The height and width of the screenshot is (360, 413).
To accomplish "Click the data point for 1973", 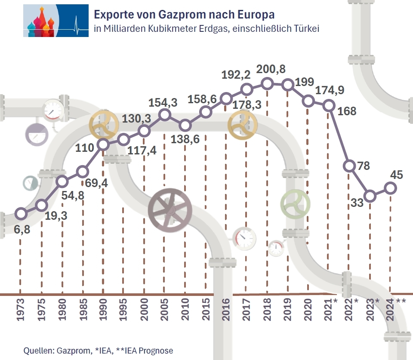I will point(21,213).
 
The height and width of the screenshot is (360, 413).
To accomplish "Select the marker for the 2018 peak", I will point(267,83).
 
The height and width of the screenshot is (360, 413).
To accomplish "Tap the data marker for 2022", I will point(350,166).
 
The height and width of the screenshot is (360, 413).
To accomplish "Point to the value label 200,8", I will point(271,69).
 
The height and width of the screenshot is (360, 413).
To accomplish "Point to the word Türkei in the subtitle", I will point(304,29).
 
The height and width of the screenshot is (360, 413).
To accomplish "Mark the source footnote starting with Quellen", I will point(98,351).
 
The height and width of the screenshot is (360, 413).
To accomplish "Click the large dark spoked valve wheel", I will point(170,209).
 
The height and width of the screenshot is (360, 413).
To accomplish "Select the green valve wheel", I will point(295,203).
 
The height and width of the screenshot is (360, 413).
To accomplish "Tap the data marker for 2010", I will point(185,126).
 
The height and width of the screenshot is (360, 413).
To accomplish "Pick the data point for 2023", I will point(370,196).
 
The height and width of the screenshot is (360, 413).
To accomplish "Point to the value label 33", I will point(358,203).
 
